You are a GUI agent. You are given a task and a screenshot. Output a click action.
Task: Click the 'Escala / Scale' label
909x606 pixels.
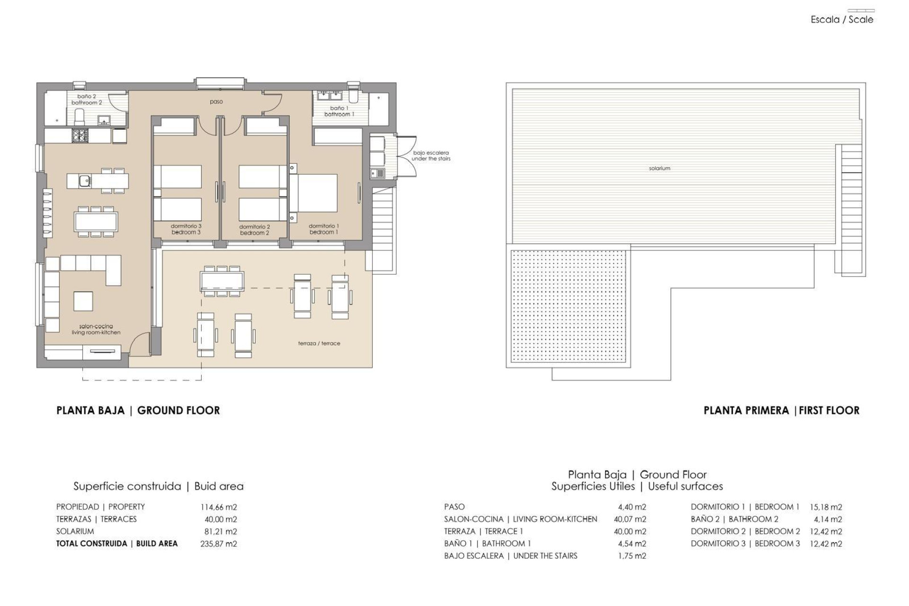coord(842,20)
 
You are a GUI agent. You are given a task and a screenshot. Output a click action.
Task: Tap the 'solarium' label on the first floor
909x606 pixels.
coord(659,169)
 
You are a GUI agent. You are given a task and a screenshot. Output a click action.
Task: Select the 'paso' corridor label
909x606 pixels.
coord(216,102)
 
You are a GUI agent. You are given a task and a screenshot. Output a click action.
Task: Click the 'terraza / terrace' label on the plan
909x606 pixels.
coord(319,343)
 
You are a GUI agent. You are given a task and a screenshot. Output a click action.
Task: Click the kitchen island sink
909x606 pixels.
coord(85,180)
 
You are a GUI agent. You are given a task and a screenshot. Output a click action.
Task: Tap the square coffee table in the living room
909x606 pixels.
coord(83,301)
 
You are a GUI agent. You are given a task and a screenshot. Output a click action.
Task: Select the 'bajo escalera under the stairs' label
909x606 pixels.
coord(430,156)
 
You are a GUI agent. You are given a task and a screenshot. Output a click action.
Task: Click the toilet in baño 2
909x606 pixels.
coord(80,115)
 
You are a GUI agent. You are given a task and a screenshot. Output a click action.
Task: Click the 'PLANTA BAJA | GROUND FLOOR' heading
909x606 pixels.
coord(138,410)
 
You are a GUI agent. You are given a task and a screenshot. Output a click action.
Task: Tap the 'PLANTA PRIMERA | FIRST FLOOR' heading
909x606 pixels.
coord(781,410)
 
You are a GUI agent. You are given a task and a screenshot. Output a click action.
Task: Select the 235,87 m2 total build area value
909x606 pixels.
coord(218,544)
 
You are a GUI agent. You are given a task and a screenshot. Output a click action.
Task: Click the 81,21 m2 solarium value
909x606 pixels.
coord(220,531)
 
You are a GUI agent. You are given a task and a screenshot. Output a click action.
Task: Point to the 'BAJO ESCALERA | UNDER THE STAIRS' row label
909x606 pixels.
coord(510,556)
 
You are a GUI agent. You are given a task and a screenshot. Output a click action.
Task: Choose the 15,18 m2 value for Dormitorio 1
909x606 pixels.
coord(825,507)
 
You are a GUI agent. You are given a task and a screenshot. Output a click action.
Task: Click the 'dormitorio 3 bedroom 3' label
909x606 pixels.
coord(186,229)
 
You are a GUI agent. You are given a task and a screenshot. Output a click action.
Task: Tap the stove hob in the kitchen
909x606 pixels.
coord(79,136)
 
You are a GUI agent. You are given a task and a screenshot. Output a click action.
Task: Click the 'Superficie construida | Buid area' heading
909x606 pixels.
coord(158,486)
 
